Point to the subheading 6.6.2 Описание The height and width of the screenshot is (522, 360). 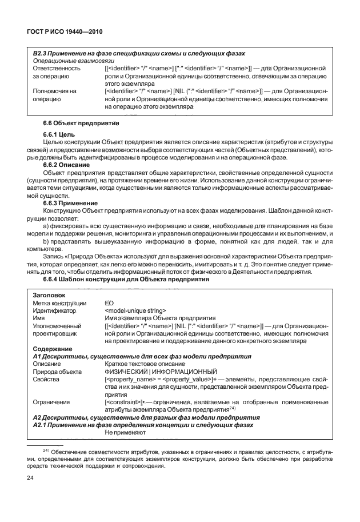pos(67,164)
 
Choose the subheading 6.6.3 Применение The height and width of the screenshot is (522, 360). pos(70,202)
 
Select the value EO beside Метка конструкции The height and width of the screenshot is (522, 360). pos(109,303)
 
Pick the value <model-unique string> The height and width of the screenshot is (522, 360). pos(135,310)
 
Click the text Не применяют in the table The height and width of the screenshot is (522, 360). pos(122,432)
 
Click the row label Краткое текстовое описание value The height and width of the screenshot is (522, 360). pos(144,363)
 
